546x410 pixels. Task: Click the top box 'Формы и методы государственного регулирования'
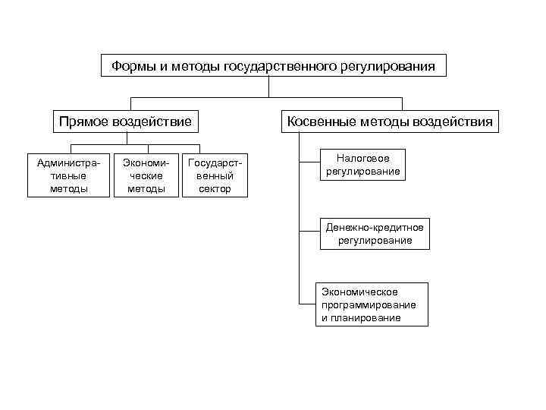273,66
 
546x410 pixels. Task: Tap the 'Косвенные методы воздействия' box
389,121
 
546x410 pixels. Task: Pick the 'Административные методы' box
68,175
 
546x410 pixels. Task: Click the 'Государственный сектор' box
215,175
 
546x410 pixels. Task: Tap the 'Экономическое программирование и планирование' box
372,304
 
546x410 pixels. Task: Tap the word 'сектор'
215,188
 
